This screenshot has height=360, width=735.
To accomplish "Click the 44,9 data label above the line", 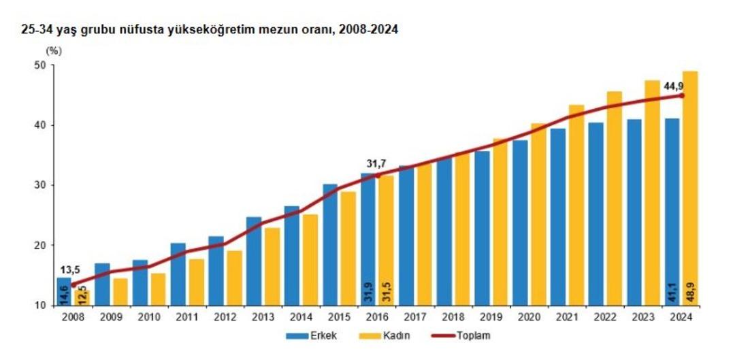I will coord(674,86).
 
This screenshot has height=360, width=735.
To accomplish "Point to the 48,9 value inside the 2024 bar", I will coord(690,292).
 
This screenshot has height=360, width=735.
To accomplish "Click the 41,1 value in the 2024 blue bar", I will coord(672,292).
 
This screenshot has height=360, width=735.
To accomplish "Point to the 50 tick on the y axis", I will coord(39,65).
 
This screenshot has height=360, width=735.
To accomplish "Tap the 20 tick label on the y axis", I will coord(39,246).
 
